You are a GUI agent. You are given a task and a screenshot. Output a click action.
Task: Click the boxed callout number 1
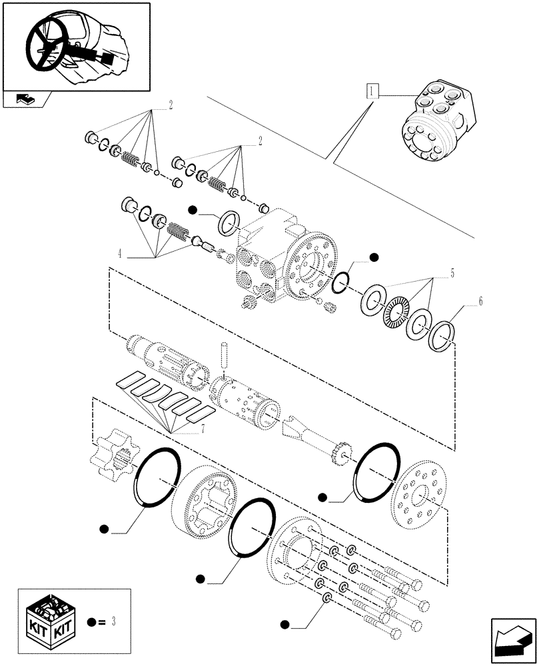(x=371, y=90)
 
